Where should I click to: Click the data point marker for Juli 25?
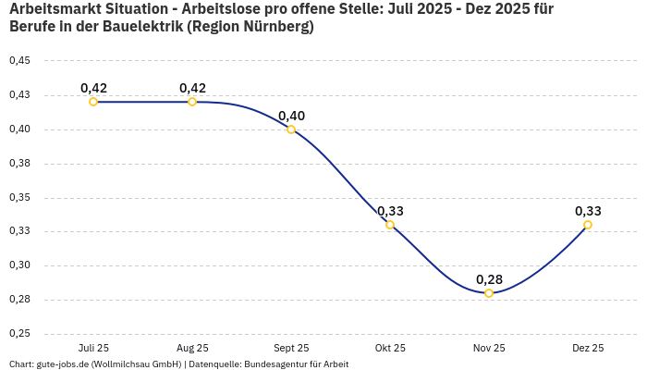click(x=93, y=102)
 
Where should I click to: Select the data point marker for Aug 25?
click(x=192, y=102)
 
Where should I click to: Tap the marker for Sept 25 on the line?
click(x=291, y=129)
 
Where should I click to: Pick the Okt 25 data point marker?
click(x=390, y=225)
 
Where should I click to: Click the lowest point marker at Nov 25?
click(x=489, y=293)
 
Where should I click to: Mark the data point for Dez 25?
click(x=588, y=225)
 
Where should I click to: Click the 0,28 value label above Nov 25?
click(x=489, y=279)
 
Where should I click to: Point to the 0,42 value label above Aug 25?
click(x=192, y=88)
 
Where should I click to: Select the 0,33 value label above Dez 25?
click(x=588, y=211)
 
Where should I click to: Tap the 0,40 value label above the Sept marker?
click(x=291, y=116)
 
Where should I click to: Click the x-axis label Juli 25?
click(x=93, y=348)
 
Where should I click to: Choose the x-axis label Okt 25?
click(x=390, y=348)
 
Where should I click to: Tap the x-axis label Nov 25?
click(x=489, y=348)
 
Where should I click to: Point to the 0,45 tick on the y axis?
click(x=19, y=61)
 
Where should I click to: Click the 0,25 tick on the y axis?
click(x=19, y=334)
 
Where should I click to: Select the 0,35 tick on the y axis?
click(x=19, y=198)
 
